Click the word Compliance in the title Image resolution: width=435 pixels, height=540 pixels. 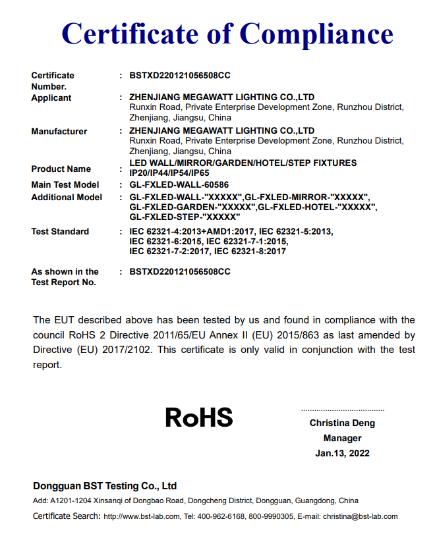pyautogui.click(x=316, y=34)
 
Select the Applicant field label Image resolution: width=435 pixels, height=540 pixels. pyautogui.click(x=51, y=98)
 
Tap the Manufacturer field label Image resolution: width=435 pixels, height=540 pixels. pyautogui.click(x=59, y=132)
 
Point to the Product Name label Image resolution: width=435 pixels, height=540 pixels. pyautogui.click(x=61, y=169)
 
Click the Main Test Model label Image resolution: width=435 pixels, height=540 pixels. pyautogui.click(x=65, y=185)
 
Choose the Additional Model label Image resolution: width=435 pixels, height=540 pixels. pyautogui.click(x=67, y=198)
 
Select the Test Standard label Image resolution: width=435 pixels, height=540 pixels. pyautogui.click(x=60, y=232)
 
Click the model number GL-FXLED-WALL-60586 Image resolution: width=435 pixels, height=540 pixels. pyautogui.click(x=179, y=185)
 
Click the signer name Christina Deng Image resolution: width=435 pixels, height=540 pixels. pyautogui.click(x=342, y=423)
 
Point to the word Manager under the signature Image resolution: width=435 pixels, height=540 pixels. pyautogui.click(x=342, y=439)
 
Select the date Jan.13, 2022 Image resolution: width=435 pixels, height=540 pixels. pyautogui.click(x=342, y=453)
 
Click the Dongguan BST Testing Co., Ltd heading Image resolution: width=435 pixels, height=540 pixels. pyautogui.click(x=105, y=487)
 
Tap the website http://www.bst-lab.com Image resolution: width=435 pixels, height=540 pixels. pyautogui.click(x=142, y=517)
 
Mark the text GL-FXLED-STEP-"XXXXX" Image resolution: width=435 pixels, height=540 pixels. pyautogui.click(x=185, y=217)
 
